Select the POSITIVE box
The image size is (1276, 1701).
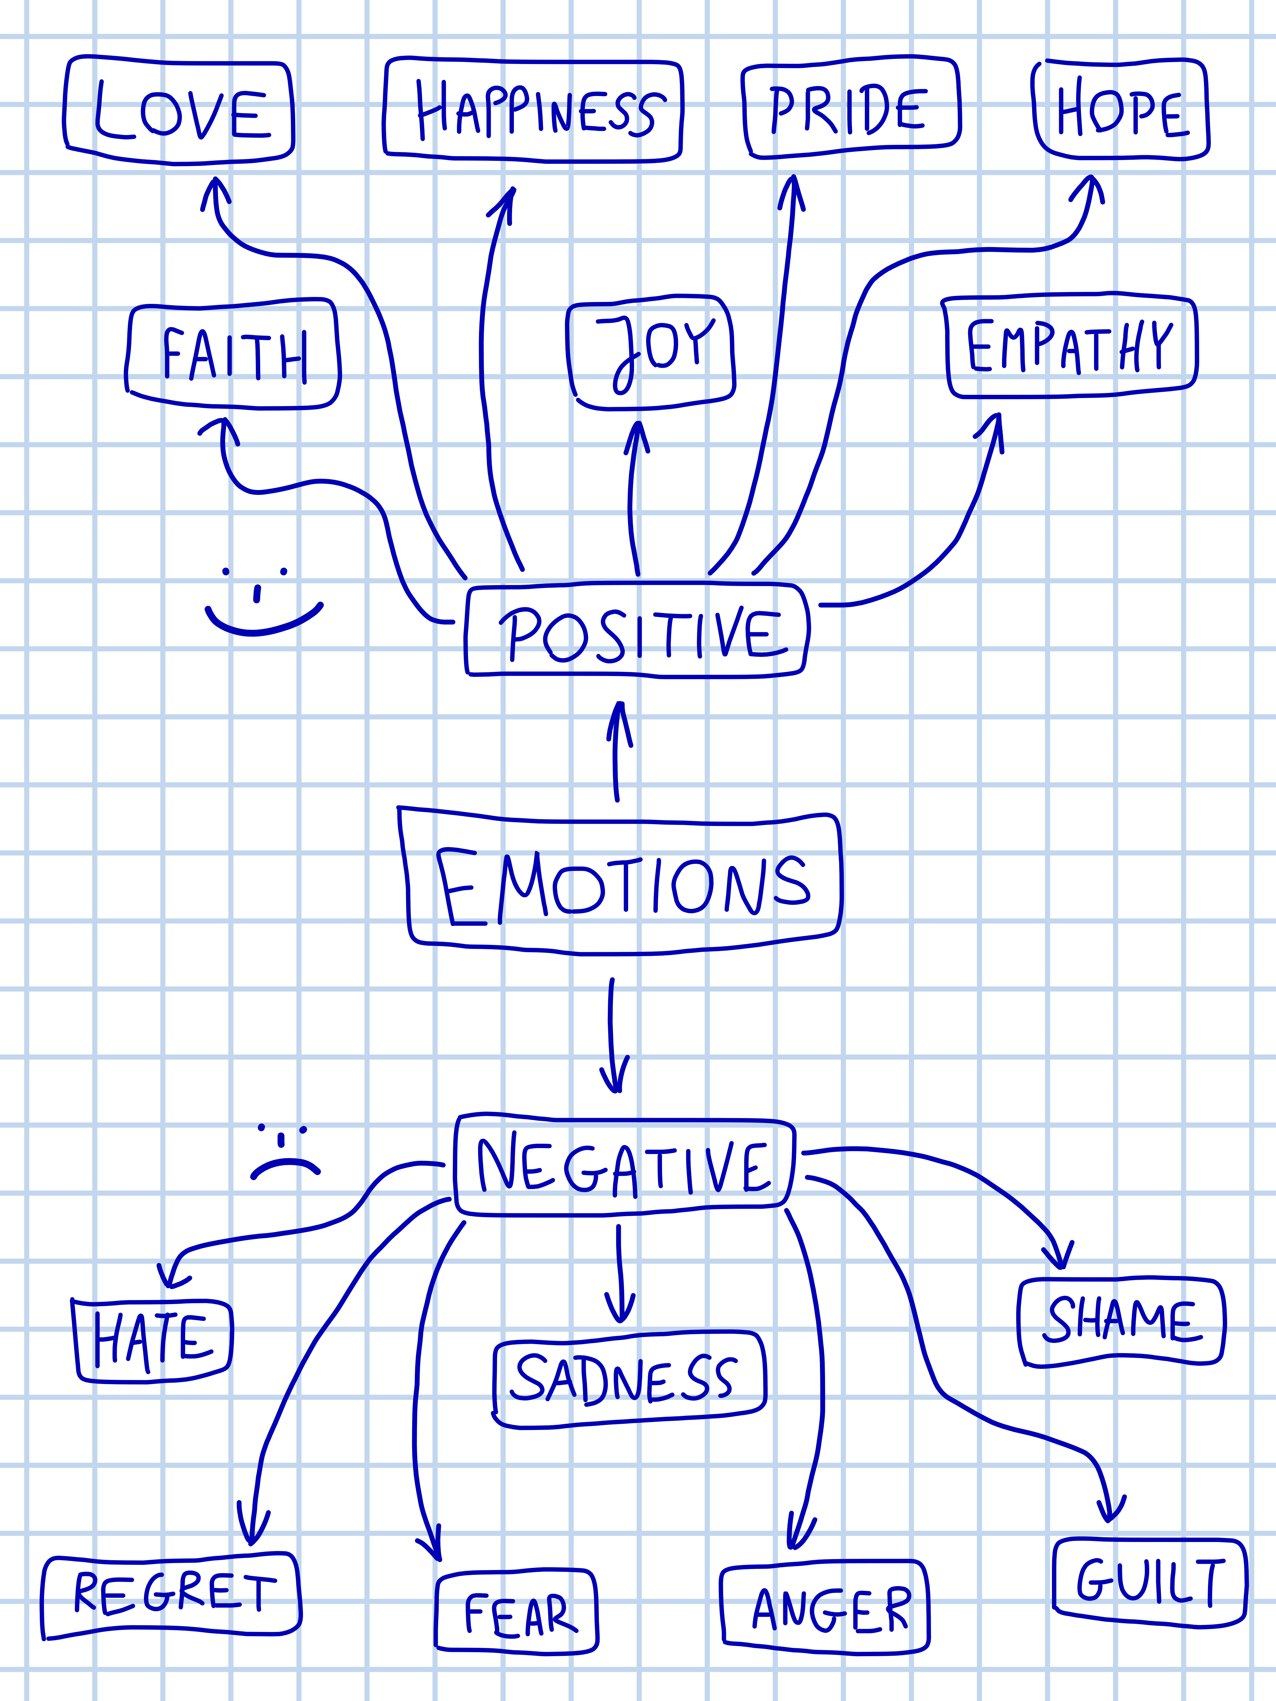[x=637, y=632]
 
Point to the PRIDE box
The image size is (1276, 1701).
[x=851, y=108]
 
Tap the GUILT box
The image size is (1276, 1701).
[x=1149, y=1582]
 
